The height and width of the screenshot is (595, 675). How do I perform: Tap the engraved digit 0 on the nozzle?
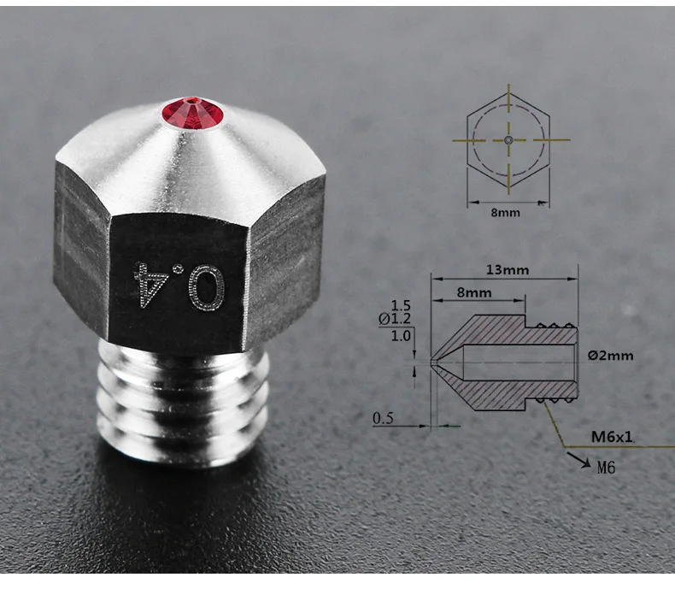pos(205,285)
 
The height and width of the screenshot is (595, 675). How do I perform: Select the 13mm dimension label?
pos(507,269)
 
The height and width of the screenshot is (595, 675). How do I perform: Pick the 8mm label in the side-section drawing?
pos(474,292)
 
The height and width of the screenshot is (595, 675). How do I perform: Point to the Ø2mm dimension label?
pos(610,355)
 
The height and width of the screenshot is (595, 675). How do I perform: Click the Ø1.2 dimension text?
pos(395,319)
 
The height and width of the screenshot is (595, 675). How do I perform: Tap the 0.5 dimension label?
pos(384,418)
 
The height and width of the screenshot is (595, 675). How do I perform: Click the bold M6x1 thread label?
pos(612,437)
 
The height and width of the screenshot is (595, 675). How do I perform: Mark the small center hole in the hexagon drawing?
pos(508,138)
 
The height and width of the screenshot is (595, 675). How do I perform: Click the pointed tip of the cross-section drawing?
pos(433,362)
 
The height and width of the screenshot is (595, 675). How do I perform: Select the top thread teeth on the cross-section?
pos(554,324)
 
